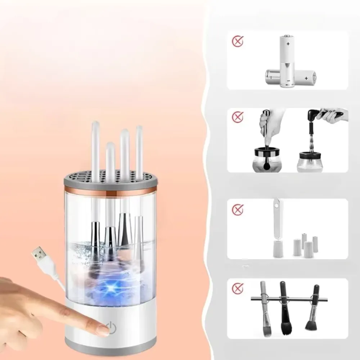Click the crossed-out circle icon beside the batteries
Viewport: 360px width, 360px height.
point(238,42)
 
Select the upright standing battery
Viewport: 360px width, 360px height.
point(288,59)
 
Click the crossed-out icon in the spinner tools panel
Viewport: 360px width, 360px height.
point(238,117)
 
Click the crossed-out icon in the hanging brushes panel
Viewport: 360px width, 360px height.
point(238,288)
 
